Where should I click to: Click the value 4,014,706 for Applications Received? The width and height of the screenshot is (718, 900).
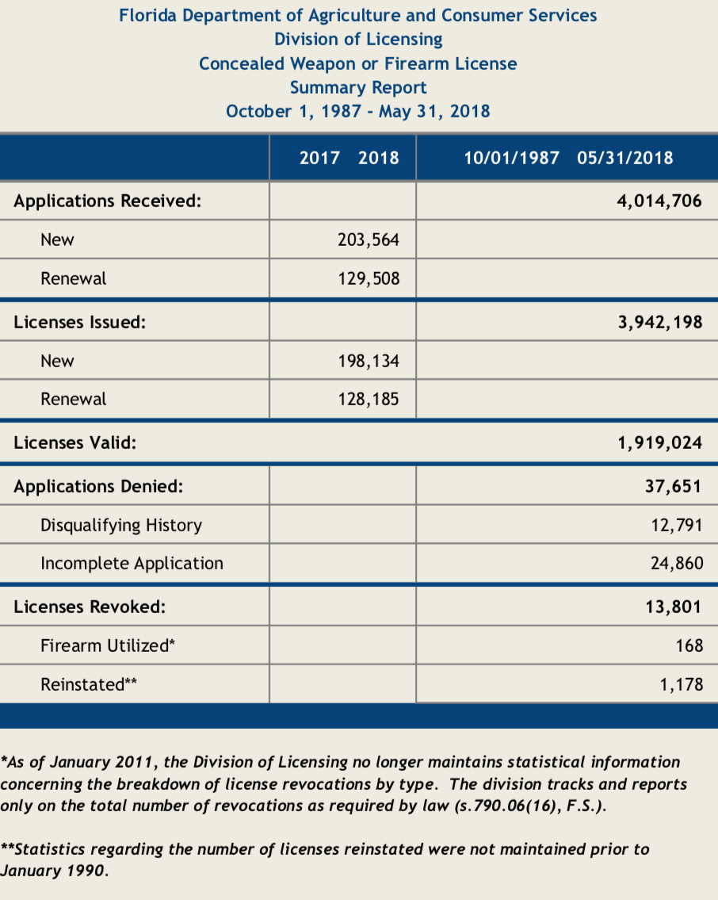tap(659, 201)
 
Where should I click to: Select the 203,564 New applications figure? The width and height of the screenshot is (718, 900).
tap(368, 239)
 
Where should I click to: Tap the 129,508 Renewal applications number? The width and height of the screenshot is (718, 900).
tap(368, 278)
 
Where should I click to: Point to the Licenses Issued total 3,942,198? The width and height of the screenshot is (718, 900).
tap(659, 323)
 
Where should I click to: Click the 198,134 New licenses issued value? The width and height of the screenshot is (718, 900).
tap(368, 361)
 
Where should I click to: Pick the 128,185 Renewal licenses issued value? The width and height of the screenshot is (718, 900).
tap(368, 399)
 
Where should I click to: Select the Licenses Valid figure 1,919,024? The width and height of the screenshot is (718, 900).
tap(659, 442)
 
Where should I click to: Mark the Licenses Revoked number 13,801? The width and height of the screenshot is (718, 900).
tap(672, 607)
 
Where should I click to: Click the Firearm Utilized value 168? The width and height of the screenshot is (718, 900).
tap(689, 645)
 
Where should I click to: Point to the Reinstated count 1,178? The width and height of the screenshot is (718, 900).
tap(680, 684)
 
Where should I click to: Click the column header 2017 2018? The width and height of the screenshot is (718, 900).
tap(349, 157)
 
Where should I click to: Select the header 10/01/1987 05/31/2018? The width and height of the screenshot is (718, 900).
tap(567, 157)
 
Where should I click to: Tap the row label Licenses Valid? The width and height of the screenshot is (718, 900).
tap(74, 442)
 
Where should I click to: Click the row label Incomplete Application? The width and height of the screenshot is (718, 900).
tap(132, 564)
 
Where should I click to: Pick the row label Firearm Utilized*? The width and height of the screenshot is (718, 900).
tap(107, 645)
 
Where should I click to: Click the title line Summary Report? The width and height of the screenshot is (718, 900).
tap(358, 87)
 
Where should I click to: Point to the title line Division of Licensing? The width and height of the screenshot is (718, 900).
tap(358, 39)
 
